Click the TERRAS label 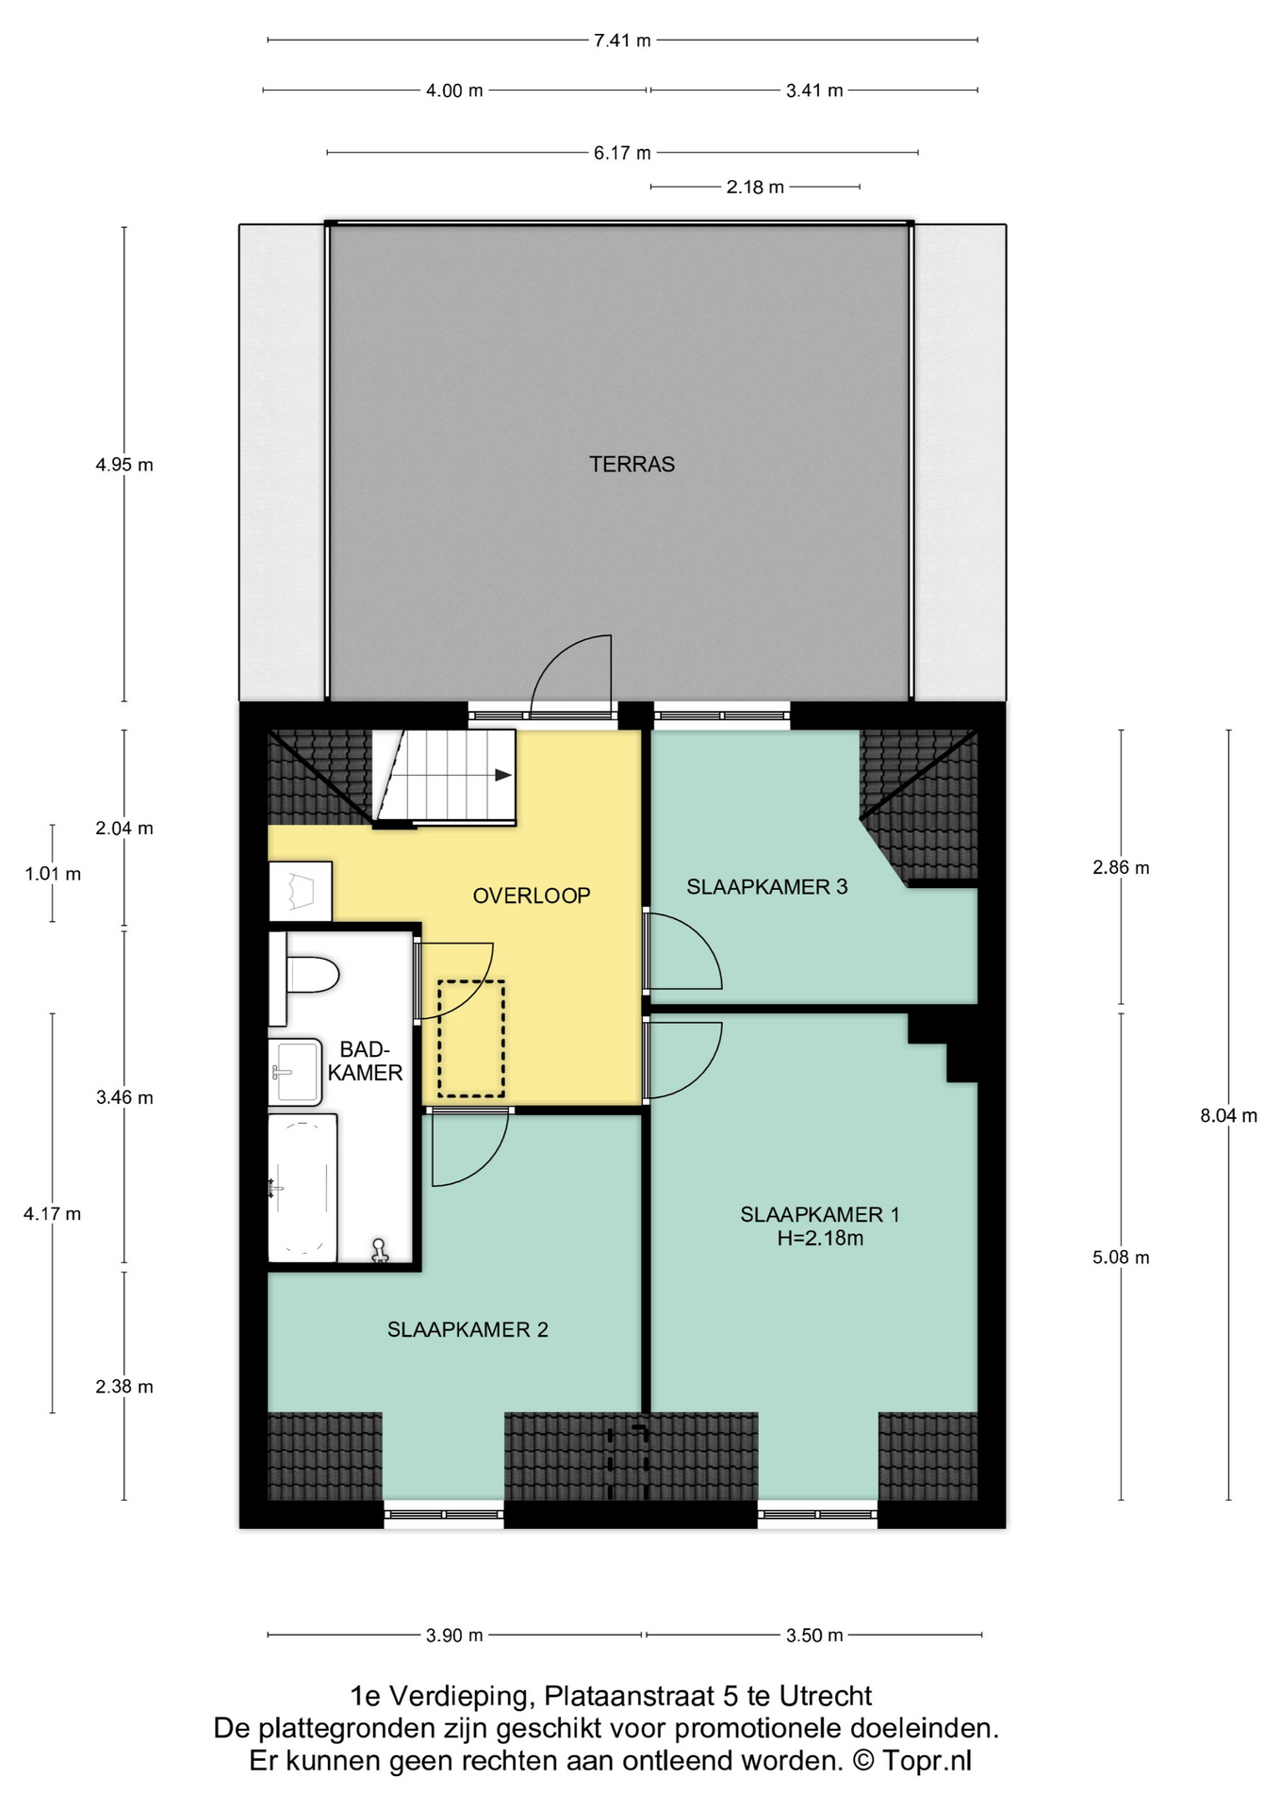pos(632,464)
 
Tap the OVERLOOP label pos(532,896)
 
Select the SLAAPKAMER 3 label pos(766,886)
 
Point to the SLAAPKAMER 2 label pos(468,1329)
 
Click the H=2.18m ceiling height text pos(820,1239)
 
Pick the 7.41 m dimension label pos(622,41)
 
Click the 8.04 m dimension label pos(1228,1116)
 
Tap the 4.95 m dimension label pos(124,465)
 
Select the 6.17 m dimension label pos(622,153)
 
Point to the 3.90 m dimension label pos(454,1636)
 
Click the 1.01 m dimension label pos(53,874)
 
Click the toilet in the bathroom pos(304,975)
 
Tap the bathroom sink pos(295,1072)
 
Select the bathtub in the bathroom pos(303,1188)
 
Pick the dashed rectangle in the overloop pos(470,1039)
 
